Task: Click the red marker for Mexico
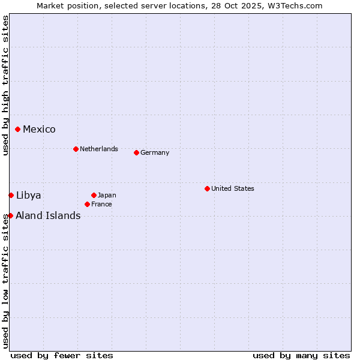coord(18,129)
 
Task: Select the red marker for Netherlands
coord(76,149)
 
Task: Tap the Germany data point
coord(136,152)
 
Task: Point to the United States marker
coord(207,188)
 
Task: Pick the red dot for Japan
coord(94,195)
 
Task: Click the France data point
coord(87,204)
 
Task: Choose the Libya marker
coord(11,195)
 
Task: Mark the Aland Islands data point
coord(10,215)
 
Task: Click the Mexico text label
coord(39,129)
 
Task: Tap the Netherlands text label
coord(99,149)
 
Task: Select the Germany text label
coord(155,152)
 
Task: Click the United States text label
coord(233,188)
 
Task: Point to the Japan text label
coord(107,195)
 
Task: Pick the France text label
coord(101,204)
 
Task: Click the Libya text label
coord(29,195)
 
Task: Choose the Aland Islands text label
coord(48,215)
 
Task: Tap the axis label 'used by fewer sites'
coord(62,355)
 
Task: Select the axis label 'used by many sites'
coord(301,355)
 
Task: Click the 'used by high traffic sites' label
coord(5,85)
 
